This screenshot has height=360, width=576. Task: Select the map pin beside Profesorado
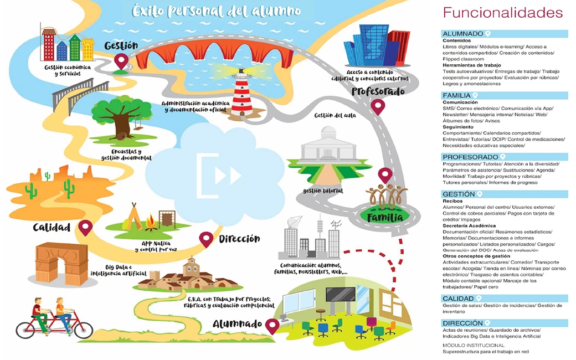378,106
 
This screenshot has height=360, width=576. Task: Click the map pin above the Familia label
385,176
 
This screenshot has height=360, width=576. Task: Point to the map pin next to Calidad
85,228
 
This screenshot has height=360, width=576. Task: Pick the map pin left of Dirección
206,239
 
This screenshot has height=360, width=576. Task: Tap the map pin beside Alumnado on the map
271,326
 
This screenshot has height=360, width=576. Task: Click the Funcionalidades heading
502,13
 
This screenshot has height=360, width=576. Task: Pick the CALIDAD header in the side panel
458,299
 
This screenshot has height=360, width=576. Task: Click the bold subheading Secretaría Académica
469,226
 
